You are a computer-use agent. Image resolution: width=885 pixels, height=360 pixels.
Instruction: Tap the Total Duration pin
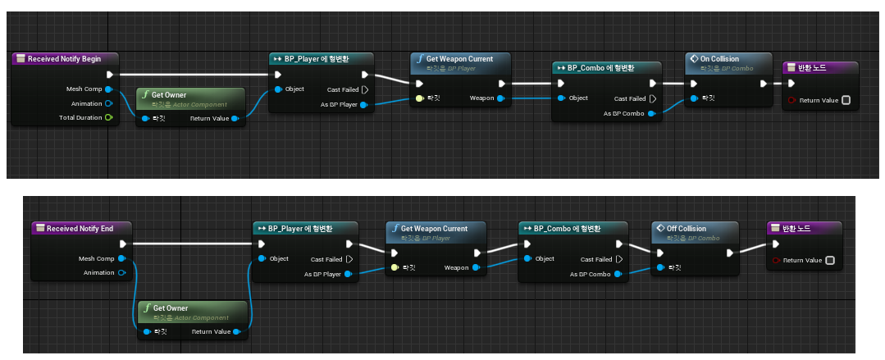[x=108, y=118]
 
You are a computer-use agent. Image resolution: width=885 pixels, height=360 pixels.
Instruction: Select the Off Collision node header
[x=687, y=229]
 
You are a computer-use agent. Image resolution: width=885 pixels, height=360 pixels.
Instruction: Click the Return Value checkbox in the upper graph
[x=846, y=101]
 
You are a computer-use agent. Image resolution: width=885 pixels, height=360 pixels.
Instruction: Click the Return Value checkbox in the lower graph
[x=829, y=261]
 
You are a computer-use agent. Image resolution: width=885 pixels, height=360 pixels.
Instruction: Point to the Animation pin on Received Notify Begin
[x=108, y=103]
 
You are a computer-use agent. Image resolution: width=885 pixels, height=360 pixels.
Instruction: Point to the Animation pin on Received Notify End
[x=121, y=272]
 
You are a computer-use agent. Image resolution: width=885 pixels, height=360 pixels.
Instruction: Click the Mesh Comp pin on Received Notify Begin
[x=108, y=89]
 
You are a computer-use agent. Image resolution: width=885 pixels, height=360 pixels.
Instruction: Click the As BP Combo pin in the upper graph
[x=651, y=113]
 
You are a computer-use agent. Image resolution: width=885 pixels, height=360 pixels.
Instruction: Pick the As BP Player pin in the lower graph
[x=349, y=274]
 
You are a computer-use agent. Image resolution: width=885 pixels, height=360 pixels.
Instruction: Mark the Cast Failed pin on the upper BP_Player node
[x=365, y=89]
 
